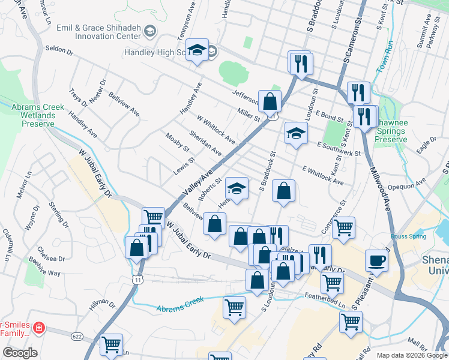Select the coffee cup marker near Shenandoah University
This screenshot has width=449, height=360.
tap(376, 260)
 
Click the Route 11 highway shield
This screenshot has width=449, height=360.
tap(139, 280)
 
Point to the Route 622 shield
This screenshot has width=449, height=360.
tap(76, 337)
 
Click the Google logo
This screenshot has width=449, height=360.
tap(20, 353)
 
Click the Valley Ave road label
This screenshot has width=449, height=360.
tap(197, 184)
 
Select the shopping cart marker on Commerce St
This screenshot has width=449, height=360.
tap(343, 227)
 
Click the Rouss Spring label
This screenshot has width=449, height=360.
tap(410, 236)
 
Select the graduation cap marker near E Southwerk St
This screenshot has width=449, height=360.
tap(295, 133)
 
